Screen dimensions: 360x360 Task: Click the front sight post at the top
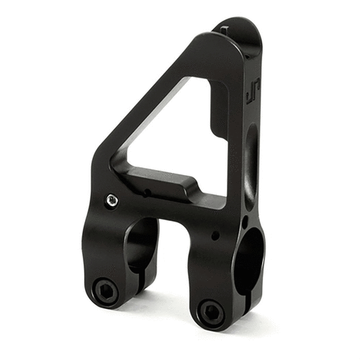pyautogui.click(x=225, y=27)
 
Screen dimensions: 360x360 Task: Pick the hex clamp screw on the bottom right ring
pyautogui.click(x=211, y=310)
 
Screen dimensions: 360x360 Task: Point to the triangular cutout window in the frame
pyautogui.click(x=173, y=133)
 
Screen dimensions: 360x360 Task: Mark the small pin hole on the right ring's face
pyautogui.click(x=215, y=235)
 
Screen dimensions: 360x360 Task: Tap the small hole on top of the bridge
pyautogui.click(x=146, y=193)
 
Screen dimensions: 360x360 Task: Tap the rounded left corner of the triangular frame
pyautogui.click(x=101, y=155)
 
